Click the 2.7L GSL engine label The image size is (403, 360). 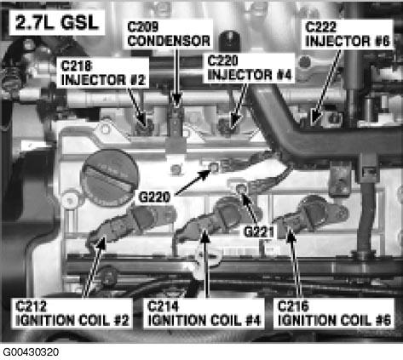[x=57, y=23]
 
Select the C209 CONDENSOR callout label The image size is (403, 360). [x=169, y=34]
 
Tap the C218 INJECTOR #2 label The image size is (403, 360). [x=103, y=73]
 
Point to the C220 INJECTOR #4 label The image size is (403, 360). [x=249, y=68]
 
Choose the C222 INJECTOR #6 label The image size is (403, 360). [x=348, y=34]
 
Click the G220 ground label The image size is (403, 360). [x=154, y=197]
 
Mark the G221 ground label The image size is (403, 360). [x=259, y=231]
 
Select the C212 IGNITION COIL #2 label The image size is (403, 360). [x=72, y=313]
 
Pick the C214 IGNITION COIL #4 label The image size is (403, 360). [x=204, y=313]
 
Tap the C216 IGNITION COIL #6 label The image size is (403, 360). [x=334, y=313]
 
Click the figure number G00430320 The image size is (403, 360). [x=31, y=352]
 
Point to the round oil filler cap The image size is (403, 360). [x=110, y=177]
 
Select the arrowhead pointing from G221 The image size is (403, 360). [x=245, y=198]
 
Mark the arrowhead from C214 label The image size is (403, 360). [x=204, y=236]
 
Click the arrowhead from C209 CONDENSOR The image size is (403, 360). [x=176, y=100]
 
